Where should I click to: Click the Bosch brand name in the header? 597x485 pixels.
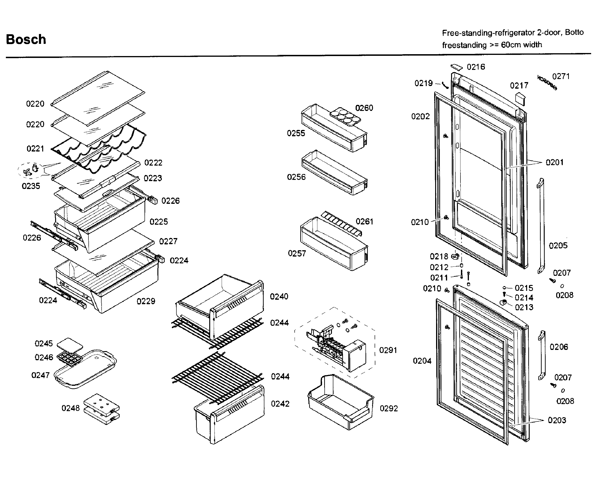pyautogui.click(x=26, y=39)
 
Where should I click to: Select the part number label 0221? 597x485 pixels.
pyautogui.click(x=35, y=149)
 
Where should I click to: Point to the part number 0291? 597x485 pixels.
pyautogui.click(x=388, y=350)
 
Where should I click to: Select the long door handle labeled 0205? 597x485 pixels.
pyautogui.click(x=541, y=226)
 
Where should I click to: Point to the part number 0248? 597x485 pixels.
pyautogui.click(x=70, y=408)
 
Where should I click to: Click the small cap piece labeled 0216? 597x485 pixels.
pyautogui.click(x=456, y=67)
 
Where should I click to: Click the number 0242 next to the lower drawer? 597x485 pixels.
pyautogui.click(x=280, y=404)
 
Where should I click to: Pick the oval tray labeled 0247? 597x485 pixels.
pyautogui.click(x=85, y=369)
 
